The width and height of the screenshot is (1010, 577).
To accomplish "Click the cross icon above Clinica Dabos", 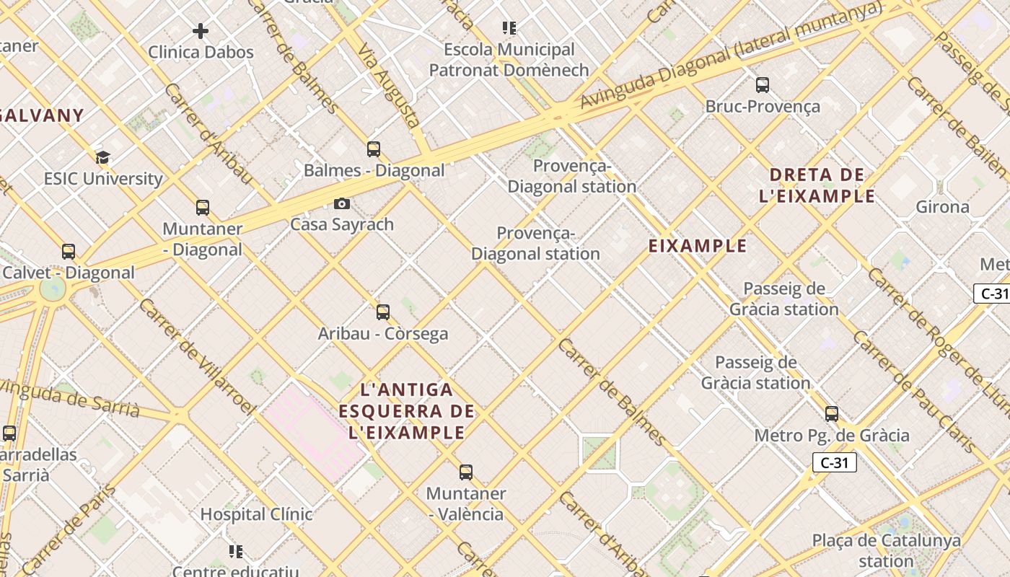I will [x=201, y=31].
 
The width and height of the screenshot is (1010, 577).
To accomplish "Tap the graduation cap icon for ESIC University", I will [x=103, y=158].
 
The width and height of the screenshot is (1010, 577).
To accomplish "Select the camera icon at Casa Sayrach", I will [x=342, y=204].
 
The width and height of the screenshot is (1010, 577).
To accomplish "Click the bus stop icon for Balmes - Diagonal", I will [x=373, y=149].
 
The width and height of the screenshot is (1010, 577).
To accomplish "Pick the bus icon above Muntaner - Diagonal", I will [x=203, y=208].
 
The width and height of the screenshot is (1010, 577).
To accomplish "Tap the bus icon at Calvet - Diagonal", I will [x=69, y=252].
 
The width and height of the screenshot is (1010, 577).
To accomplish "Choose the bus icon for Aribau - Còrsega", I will [x=383, y=312].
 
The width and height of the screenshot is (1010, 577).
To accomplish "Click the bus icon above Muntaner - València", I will [x=466, y=472].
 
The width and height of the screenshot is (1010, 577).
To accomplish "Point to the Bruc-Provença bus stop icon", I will [x=763, y=85].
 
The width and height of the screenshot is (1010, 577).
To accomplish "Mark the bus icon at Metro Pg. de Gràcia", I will [x=832, y=414].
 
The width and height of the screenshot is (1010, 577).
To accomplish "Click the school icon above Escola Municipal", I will [x=509, y=28].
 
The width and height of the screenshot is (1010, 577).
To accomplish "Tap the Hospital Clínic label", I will [x=256, y=514].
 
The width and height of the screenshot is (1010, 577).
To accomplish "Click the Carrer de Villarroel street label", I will [x=196, y=356].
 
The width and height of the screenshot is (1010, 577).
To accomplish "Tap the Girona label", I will [x=942, y=207].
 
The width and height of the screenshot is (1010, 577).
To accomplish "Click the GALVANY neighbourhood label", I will [x=42, y=115].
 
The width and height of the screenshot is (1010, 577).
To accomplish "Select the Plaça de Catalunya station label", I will [x=886, y=550].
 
